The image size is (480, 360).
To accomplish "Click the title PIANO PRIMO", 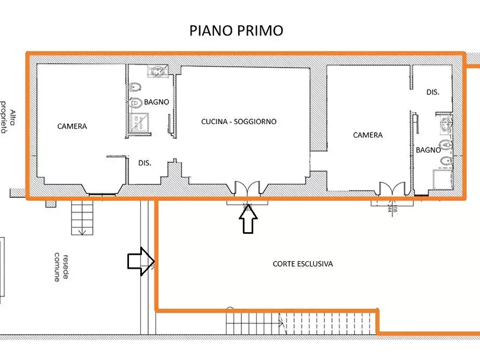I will pos(236,31).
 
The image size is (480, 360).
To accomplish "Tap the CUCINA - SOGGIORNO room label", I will pos(239,121).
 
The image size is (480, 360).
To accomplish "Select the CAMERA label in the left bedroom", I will pos(72,126).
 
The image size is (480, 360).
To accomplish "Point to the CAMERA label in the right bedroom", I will pos(368,135).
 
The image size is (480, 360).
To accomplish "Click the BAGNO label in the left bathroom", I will pos(156,102).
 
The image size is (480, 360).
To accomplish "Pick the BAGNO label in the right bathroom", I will pos(428,150).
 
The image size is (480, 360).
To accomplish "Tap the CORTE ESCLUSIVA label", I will pos(303,264).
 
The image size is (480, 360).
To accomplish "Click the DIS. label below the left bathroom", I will pos(144,163).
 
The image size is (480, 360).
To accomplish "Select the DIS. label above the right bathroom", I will pos(433,92).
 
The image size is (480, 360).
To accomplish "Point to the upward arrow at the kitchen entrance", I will pos(248,219).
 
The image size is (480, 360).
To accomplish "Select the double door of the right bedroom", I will pos(392,189).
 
